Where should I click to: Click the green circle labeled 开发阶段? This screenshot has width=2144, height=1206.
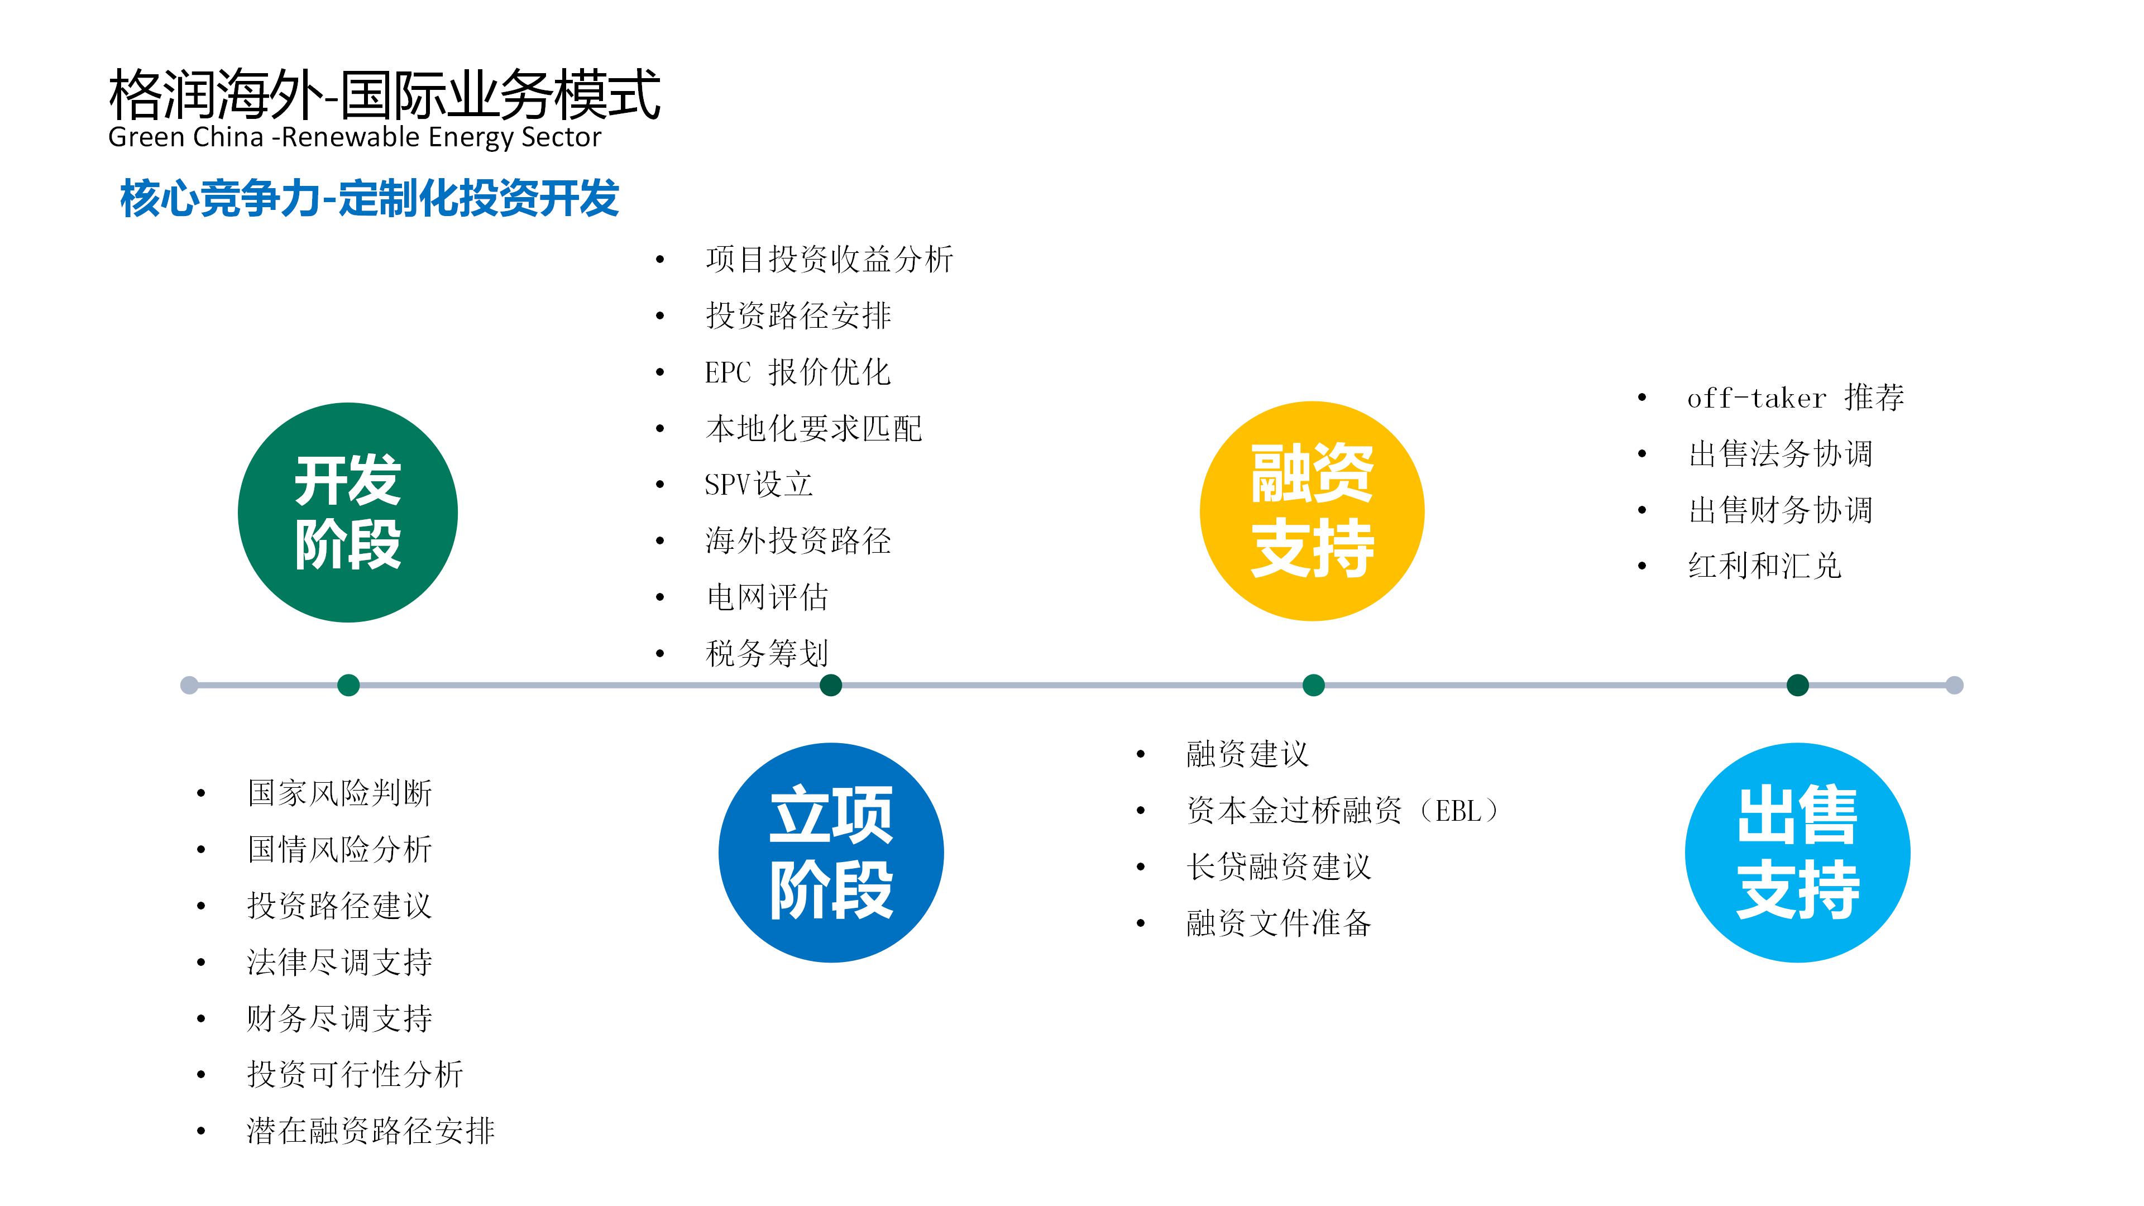tap(348, 512)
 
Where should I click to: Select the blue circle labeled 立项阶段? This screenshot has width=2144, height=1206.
tap(831, 852)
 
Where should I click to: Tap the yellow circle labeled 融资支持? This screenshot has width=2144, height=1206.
tap(1312, 511)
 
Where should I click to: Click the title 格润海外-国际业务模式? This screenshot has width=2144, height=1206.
tap(385, 94)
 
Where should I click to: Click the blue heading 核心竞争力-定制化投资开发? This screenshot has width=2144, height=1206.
tap(370, 198)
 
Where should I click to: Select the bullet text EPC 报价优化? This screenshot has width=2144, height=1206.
tap(797, 372)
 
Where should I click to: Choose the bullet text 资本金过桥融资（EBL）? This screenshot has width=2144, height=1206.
tap(1342, 810)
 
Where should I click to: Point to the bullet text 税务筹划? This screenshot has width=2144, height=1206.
tap(767, 653)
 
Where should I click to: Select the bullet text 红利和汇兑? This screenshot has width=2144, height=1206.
tap(1764, 566)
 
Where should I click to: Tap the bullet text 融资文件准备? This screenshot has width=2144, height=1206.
tap(1279, 923)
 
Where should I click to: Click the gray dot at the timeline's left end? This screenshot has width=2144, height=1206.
tap(190, 685)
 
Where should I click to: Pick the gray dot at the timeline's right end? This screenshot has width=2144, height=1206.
tap(1954, 685)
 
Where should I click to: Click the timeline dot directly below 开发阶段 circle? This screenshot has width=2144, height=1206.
tap(349, 685)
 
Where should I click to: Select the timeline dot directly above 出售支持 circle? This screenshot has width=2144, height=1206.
tap(1798, 685)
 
